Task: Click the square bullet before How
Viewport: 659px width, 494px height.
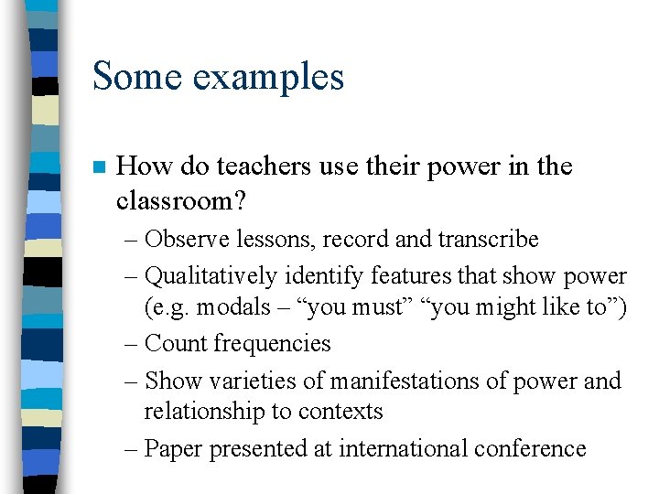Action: tap(99, 167)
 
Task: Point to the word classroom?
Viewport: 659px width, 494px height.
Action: tap(178, 201)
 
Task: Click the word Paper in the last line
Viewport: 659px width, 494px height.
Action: tap(174, 449)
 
